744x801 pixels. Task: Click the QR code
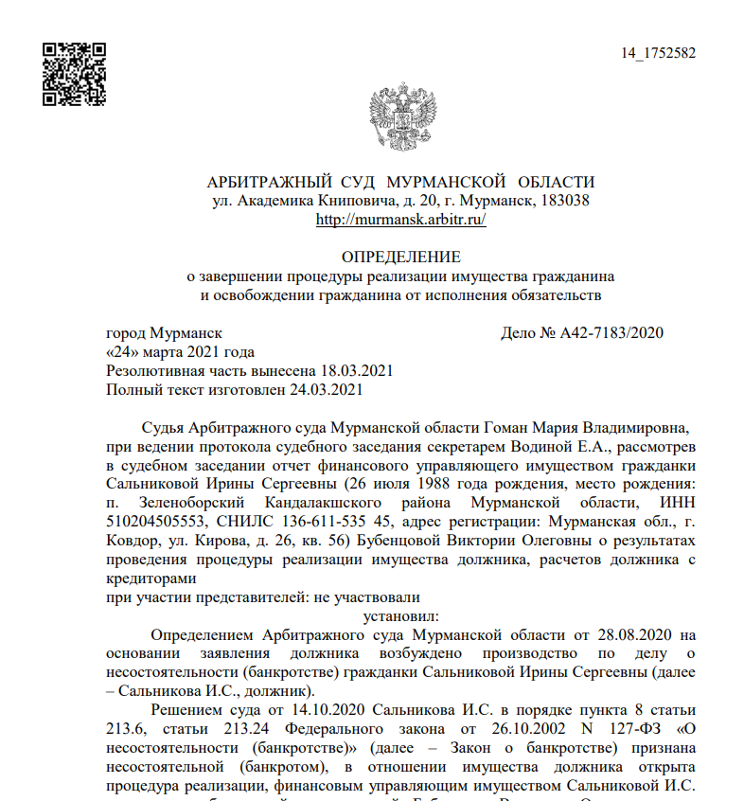tap(75, 73)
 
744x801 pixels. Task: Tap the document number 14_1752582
tap(658, 53)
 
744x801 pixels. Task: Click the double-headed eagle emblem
tap(400, 118)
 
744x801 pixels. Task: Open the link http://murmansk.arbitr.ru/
tap(400, 220)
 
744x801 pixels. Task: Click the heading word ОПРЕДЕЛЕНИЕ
tap(400, 258)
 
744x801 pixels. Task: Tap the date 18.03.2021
tap(356, 370)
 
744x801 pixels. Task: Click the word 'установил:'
tap(400, 616)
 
